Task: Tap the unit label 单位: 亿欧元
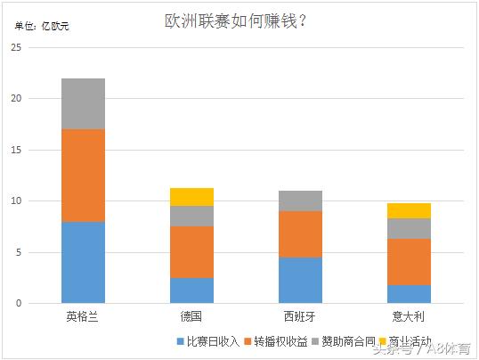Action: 42,26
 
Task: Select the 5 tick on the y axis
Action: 18,252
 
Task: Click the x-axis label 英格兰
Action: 83,317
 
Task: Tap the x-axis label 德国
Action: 191,317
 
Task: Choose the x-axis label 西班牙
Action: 300,317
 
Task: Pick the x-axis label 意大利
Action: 409,317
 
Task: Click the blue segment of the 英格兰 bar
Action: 83,262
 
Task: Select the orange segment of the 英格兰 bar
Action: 83,176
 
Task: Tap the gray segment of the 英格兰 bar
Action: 83,103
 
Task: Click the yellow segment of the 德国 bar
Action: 191,197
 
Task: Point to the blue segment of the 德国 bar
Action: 191,290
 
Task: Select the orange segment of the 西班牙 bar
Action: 300,234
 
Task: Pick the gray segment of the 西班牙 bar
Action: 300,200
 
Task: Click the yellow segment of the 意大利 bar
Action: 409,210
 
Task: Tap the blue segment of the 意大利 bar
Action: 409,294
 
